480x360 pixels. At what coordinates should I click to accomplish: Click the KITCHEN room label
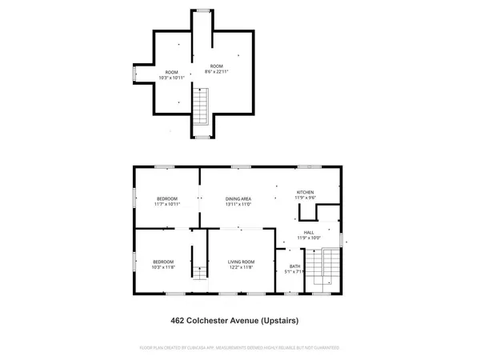[306, 192]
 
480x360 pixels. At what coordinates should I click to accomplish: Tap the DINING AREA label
[239, 198]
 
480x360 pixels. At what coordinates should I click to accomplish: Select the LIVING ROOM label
[241, 262]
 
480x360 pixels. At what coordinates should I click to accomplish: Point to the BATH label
[294, 266]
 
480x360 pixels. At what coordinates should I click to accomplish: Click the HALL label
[308, 232]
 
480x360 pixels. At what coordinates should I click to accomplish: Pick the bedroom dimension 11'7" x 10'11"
[166, 204]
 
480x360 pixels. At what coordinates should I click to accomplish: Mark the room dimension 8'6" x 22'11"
[217, 71]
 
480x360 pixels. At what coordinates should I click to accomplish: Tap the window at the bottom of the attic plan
[203, 138]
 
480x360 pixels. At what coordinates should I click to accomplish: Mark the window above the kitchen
[307, 166]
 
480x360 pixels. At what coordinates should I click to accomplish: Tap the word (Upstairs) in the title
[279, 321]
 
